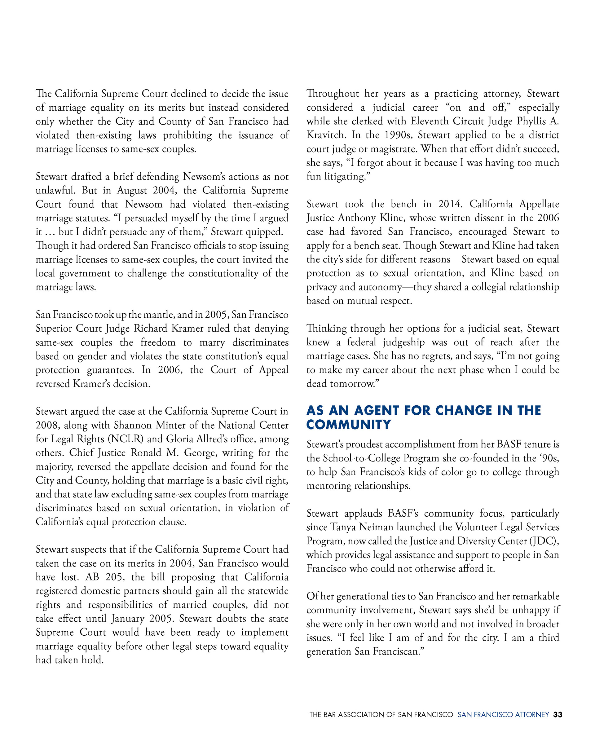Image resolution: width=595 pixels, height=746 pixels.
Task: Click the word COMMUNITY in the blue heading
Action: click(348, 425)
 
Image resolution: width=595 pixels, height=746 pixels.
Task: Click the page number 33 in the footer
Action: click(557, 714)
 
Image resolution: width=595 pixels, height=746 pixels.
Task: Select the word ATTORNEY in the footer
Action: click(532, 714)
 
